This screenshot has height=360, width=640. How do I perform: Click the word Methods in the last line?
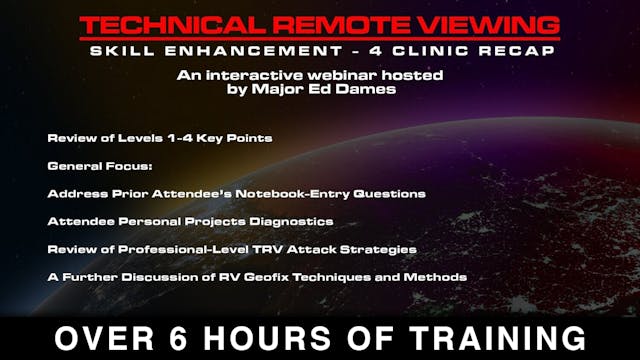pyautogui.click(x=441, y=276)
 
